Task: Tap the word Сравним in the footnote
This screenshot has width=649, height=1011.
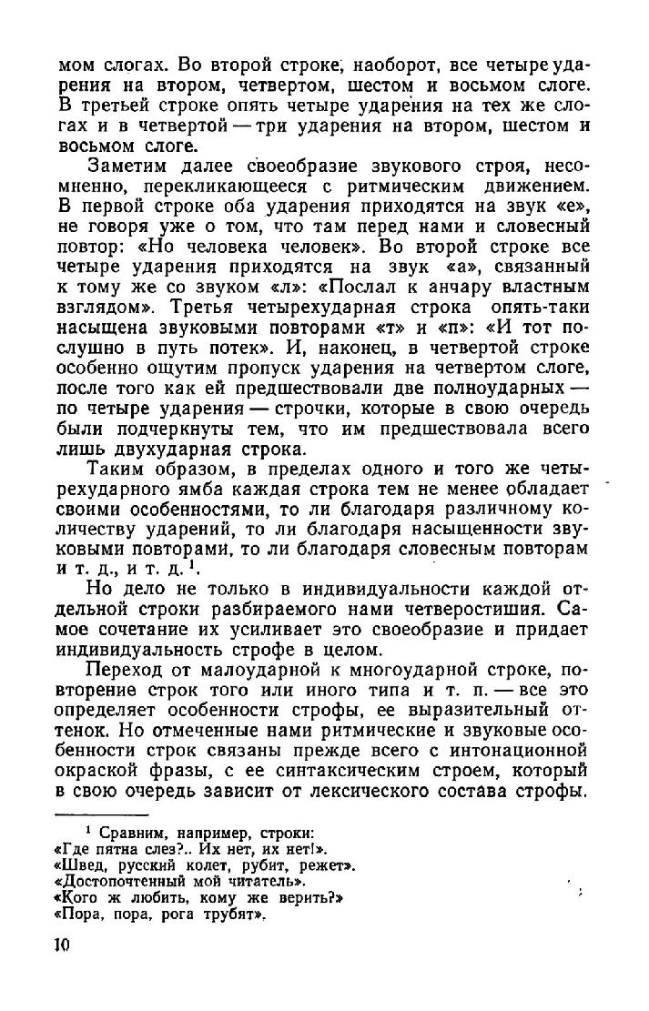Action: [x=138, y=834]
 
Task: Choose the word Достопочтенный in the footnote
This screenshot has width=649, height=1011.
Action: [x=123, y=882]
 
